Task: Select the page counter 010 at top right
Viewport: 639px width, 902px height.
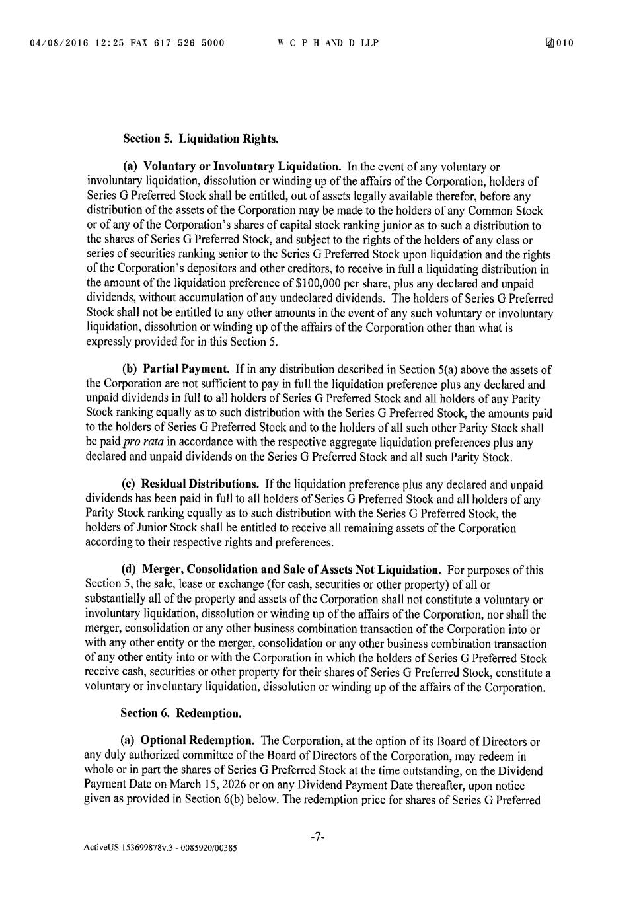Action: click(x=564, y=43)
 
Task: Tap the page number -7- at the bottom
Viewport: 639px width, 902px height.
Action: click(x=318, y=837)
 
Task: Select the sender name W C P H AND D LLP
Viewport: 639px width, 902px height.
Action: click(x=328, y=43)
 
